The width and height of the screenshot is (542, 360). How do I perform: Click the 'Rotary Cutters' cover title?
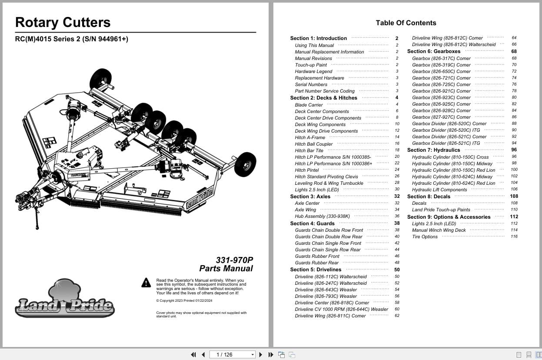tap(63, 23)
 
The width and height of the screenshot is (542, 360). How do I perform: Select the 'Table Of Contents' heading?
tap(406, 23)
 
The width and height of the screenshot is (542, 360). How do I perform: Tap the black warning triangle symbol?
tap(146, 283)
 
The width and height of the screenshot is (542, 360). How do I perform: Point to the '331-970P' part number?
tap(234, 260)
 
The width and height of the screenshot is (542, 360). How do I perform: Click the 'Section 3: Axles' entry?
tap(310, 197)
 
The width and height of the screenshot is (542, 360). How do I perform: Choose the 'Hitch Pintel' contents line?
tap(307, 170)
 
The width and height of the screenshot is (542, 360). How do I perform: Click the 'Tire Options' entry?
tap(425, 237)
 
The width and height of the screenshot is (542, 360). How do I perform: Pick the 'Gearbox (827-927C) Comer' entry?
tap(441, 117)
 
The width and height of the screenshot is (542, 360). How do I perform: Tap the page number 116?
tap(514, 237)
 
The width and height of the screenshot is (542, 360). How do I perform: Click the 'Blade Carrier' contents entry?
tap(309, 105)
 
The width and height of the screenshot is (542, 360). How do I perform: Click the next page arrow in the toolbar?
tap(261, 355)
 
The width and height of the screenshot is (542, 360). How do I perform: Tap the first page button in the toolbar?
tap(193, 355)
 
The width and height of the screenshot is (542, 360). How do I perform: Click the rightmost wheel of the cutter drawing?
tap(245, 164)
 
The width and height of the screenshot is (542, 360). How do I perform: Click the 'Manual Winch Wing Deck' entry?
tap(439, 230)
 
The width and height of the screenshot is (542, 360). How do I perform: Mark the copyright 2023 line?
tap(184, 300)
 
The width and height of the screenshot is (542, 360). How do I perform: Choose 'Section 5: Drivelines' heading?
tap(316, 270)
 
